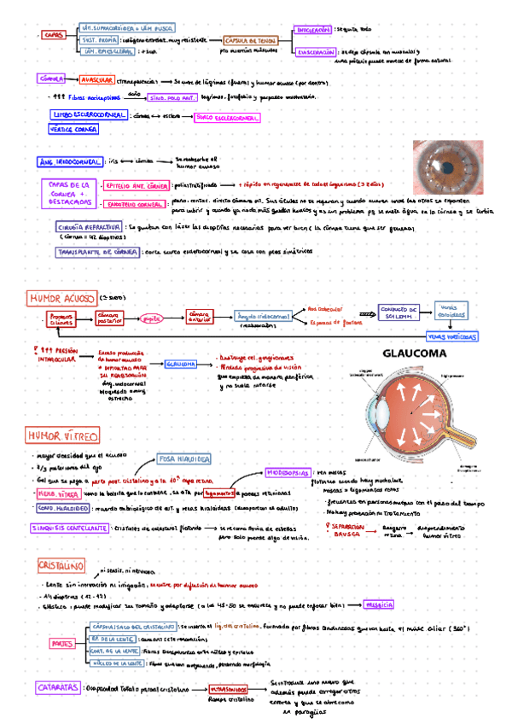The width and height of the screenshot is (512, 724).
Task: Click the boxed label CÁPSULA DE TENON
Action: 251,40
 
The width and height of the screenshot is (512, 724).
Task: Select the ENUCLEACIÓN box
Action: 313,29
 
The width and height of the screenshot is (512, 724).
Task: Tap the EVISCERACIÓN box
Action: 315,52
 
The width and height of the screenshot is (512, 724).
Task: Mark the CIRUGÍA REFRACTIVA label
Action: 88,228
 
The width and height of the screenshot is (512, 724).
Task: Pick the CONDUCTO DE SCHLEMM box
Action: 399,312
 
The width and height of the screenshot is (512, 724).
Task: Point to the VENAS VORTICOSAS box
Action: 451,337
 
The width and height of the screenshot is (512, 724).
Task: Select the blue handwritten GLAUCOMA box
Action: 183,364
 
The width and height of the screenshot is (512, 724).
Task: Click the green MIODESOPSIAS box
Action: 287,471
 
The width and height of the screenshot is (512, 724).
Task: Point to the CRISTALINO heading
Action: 61,565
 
